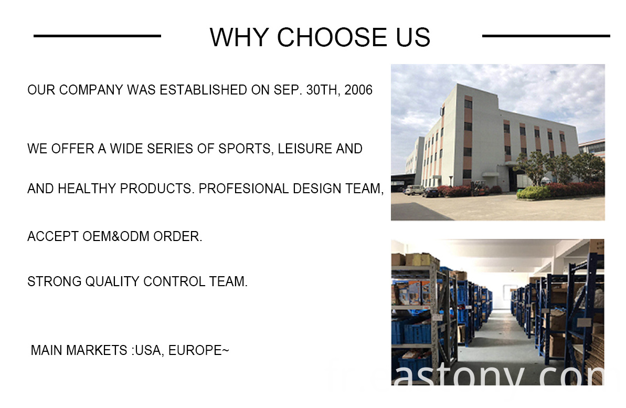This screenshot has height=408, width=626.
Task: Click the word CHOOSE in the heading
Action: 332,38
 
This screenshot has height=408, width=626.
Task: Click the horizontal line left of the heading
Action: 97,36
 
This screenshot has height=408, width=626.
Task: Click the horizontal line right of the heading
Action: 546,36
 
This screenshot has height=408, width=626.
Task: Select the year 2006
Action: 358,90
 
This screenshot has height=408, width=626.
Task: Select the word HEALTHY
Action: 87,188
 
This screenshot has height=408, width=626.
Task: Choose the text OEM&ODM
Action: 116,236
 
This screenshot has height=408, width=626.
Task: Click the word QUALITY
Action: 112,281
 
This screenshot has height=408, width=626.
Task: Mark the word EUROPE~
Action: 199,350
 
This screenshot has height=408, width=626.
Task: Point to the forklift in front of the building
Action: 480,187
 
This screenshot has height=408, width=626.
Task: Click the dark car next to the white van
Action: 431,192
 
